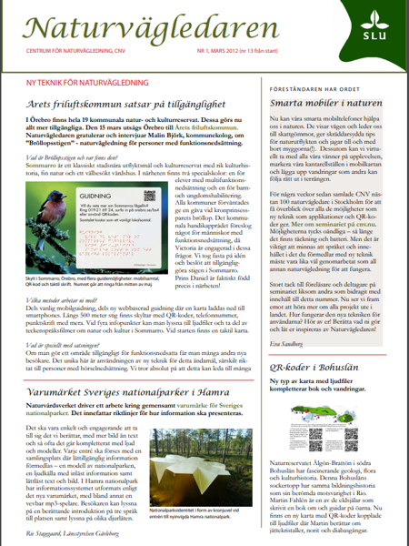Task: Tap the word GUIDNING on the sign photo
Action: (101, 223)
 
